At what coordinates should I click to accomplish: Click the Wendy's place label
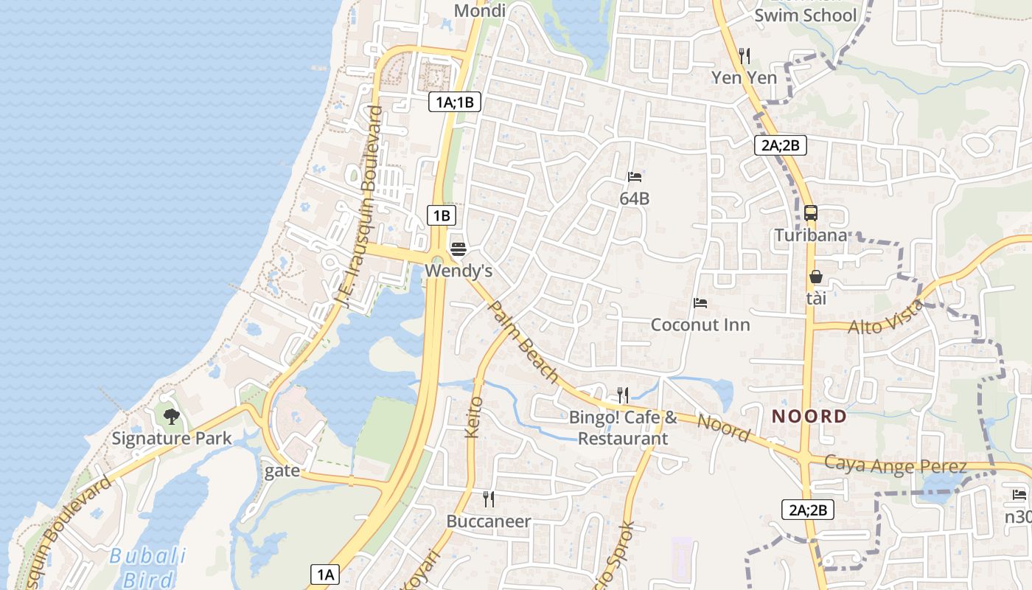458,271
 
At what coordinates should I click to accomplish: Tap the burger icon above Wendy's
458,249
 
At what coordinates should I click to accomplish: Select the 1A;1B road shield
455,103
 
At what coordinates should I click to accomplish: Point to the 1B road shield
441,215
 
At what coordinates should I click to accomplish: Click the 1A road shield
325,575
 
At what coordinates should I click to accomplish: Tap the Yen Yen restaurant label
744,77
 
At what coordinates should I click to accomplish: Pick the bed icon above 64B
634,177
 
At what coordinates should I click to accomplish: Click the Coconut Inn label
700,324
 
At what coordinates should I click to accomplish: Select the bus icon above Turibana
810,213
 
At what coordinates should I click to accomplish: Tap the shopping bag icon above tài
816,277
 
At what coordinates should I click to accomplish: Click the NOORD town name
809,417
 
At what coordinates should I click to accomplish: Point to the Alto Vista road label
885,317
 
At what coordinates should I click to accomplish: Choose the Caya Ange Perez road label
895,466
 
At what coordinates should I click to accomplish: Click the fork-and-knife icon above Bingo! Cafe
623,395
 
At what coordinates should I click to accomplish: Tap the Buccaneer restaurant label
489,521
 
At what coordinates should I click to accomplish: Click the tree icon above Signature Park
172,417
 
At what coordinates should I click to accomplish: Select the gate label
282,471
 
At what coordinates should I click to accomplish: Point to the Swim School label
806,15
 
